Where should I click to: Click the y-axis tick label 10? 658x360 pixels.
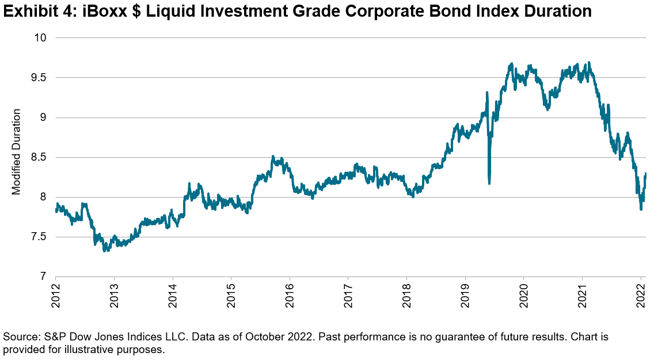click(x=41, y=38)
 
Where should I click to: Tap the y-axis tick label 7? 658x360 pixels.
click(x=43, y=277)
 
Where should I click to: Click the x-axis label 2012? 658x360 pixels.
click(x=56, y=295)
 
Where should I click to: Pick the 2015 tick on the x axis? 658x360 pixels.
click(x=231, y=295)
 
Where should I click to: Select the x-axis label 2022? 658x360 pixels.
click(x=641, y=295)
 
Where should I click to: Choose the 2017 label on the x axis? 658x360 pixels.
click(x=348, y=295)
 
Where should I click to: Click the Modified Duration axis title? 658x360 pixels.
click(x=17, y=152)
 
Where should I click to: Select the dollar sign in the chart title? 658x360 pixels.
click(x=130, y=11)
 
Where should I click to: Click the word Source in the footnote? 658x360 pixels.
click(x=19, y=336)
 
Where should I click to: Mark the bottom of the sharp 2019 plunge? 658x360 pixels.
click(x=489, y=183)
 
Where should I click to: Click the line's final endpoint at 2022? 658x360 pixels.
click(x=645, y=173)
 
